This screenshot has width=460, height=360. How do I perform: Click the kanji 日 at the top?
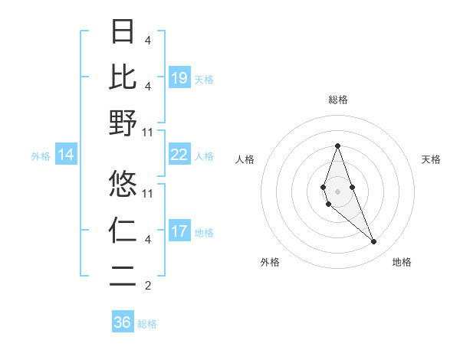tap(123, 32)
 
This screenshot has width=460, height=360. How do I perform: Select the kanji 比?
tap(123, 77)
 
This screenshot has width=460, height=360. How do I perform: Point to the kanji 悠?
tap(123, 183)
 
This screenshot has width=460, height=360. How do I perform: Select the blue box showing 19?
tap(179, 77)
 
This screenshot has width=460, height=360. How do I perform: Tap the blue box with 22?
tap(179, 155)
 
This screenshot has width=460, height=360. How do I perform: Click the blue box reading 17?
tap(179, 231)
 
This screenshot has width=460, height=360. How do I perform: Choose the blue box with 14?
tap(66, 155)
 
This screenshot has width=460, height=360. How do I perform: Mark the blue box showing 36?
tap(123, 322)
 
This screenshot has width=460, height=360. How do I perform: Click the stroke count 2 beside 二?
tap(148, 286)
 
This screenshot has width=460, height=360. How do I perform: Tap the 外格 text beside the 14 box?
tap(41, 156)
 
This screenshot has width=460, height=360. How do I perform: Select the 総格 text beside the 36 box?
tap(147, 324)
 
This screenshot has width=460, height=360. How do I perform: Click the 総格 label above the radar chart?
tap(337, 100)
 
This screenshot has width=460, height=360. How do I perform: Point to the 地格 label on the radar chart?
tap(402, 263)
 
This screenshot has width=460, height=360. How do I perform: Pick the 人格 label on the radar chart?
tap(245, 159)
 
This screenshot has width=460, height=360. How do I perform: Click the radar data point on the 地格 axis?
tap(373, 242)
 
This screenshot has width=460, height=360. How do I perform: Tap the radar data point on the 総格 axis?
tap(337, 146)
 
